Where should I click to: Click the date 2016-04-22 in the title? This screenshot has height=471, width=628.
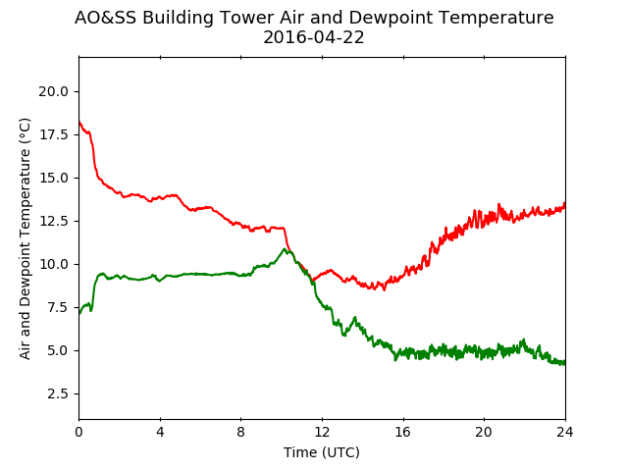pos(314,37)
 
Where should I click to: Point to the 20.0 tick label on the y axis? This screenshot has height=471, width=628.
pos(54,91)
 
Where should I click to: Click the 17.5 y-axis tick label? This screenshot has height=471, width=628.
pos(54,135)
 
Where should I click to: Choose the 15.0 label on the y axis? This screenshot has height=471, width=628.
pos(54,178)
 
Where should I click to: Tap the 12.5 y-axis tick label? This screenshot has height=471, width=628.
pos(54,221)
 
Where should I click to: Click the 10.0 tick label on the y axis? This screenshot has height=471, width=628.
pos(54,264)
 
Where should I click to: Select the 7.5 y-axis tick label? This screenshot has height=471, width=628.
pos(58,307)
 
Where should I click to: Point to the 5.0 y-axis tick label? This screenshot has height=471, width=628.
pos(58,351)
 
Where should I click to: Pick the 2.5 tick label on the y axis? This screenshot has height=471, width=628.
pos(58,394)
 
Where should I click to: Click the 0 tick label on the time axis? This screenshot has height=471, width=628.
pos(78,432)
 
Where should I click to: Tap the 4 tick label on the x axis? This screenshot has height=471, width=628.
pos(160,432)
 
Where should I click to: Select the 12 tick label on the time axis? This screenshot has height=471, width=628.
pos(322,432)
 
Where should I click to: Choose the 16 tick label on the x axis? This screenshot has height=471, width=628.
pos(403,432)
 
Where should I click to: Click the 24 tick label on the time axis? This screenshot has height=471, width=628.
pos(565,432)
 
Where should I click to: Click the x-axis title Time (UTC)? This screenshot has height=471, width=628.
pos(322,452)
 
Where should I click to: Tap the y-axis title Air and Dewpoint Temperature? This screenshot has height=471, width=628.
pos(25,238)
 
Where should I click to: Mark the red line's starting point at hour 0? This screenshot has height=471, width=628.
pos(79,122)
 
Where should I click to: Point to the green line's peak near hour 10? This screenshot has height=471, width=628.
pos(285,248)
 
